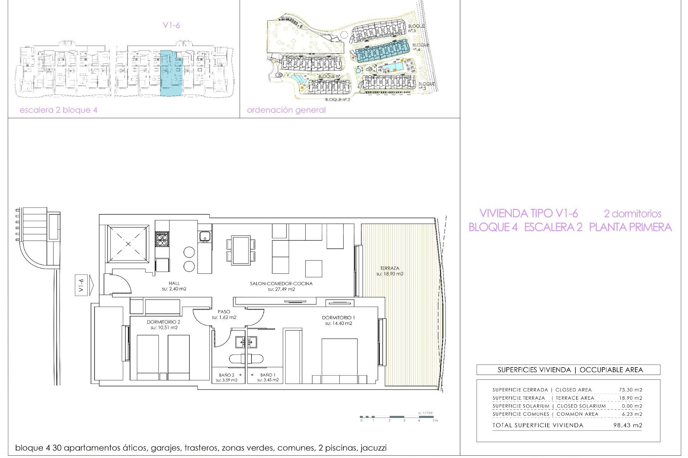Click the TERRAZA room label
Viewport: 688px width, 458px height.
click(390, 268)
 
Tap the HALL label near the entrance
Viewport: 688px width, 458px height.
click(174, 283)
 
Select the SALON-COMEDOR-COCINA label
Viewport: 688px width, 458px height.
click(281, 283)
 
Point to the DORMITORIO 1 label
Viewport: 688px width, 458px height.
click(338, 317)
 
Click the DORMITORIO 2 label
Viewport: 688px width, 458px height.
click(163, 322)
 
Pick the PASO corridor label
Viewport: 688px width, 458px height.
click(224, 312)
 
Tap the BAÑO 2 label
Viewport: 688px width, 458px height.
click(226, 375)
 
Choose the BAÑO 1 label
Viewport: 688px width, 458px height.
click(268, 375)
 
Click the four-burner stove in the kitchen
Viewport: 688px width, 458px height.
click(162, 239)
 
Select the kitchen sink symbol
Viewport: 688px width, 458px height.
click(205, 237)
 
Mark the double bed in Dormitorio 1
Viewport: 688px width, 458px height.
click(339, 361)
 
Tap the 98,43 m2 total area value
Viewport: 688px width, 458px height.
click(628, 425)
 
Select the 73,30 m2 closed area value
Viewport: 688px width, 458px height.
click(630, 390)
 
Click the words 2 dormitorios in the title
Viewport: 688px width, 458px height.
click(632, 214)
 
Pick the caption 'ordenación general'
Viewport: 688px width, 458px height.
click(286, 110)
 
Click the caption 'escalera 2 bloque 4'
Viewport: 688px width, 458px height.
click(58, 110)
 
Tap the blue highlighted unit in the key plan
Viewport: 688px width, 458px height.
click(171, 73)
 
